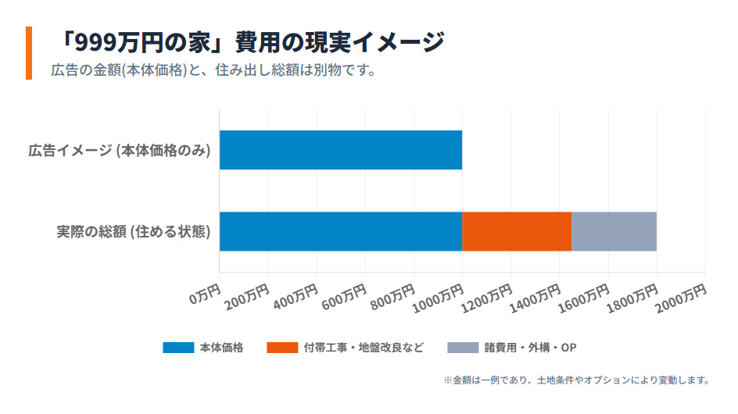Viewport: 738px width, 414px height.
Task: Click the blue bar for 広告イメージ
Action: pyautogui.click(x=340, y=150)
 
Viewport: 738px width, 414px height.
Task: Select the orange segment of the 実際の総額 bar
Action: pyautogui.click(x=517, y=231)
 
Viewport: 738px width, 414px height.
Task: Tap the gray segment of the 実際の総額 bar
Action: pyautogui.click(x=614, y=231)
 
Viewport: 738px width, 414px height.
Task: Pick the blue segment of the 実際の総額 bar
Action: pyautogui.click(x=340, y=231)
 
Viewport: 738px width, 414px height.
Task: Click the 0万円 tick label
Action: pyautogui.click(x=205, y=294)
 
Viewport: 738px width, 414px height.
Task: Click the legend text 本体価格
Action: pyautogui.click(x=221, y=348)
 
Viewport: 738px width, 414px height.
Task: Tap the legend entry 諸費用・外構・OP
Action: pyautogui.click(x=529, y=348)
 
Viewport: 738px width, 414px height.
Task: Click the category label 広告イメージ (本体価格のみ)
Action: pyautogui.click(x=120, y=151)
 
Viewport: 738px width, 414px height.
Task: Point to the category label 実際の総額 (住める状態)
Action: pyautogui.click(x=134, y=232)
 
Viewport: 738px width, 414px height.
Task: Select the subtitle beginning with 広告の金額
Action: pyautogui.click(x=214, y=70)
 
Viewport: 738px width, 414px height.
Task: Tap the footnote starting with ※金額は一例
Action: pyautogui.click(x=576, y=380)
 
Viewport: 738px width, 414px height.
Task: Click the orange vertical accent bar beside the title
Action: pyautogui.click(x=29, y=53)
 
